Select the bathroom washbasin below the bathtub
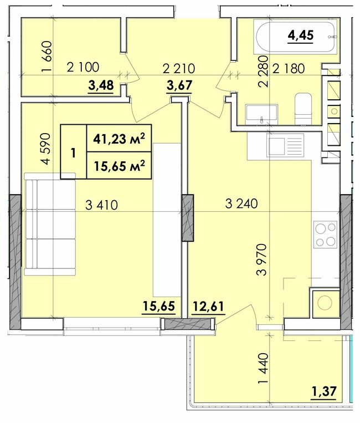point(261,113)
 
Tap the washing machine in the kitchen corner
point(325,303)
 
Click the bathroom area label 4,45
point(300,36)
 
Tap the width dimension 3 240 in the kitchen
point(241,203)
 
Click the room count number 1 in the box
point(73,152)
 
